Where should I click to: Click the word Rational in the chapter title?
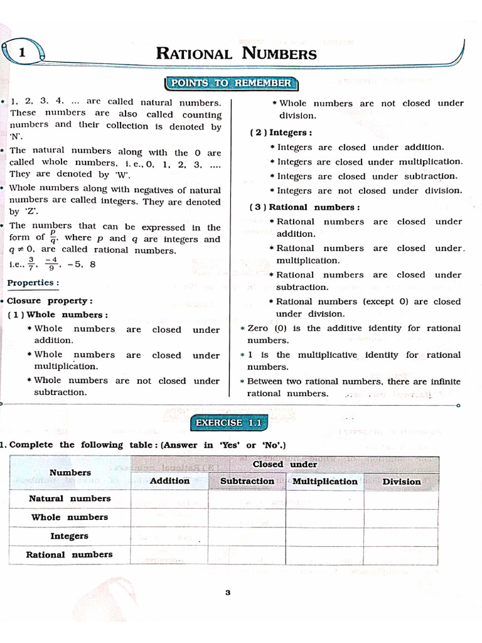[x=195, y=53]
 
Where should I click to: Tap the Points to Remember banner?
[x=232, y=84]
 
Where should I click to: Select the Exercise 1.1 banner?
[x=228, y=423]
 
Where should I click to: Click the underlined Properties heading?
[x=33, y=283]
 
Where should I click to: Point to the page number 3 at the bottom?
[x=228, y=592]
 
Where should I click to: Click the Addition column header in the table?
[x=169, y=481]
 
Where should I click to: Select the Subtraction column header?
[x=247, y=482]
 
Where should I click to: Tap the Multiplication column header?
[x=325, y=482]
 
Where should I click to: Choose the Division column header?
[x=402, y=482]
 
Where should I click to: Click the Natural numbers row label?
[x=70, y=499]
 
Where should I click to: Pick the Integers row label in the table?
[x=70, y=536]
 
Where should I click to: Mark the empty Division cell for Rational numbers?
[x=402, y=554]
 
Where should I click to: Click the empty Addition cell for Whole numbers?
[x=169, y=517]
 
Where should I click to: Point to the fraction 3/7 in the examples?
[x=31, y=264]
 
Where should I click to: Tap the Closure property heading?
[x=50, y=301]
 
